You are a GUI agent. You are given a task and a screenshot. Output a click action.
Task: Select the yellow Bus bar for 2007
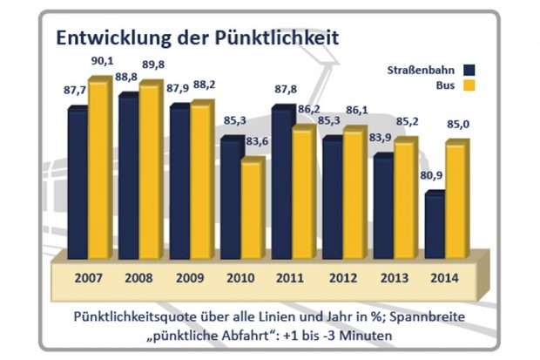98,166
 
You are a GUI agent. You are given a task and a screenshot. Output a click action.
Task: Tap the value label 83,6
254,143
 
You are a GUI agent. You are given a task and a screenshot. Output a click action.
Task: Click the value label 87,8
284,87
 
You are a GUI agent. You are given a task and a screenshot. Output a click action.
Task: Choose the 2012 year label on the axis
341,279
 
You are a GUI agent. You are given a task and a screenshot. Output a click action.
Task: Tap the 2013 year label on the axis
392,279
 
